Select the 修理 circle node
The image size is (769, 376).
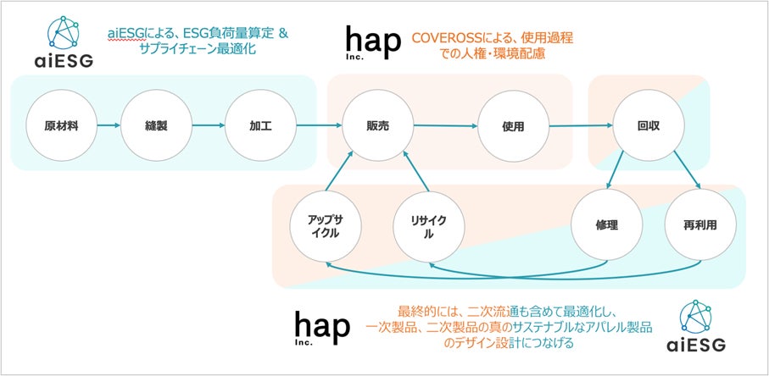click(x=605, y=226)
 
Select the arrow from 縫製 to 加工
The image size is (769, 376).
click(x=208, y=126)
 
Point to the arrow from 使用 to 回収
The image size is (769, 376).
click(x=581, y=126)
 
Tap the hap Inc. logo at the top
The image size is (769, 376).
click(x=371, y=42)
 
